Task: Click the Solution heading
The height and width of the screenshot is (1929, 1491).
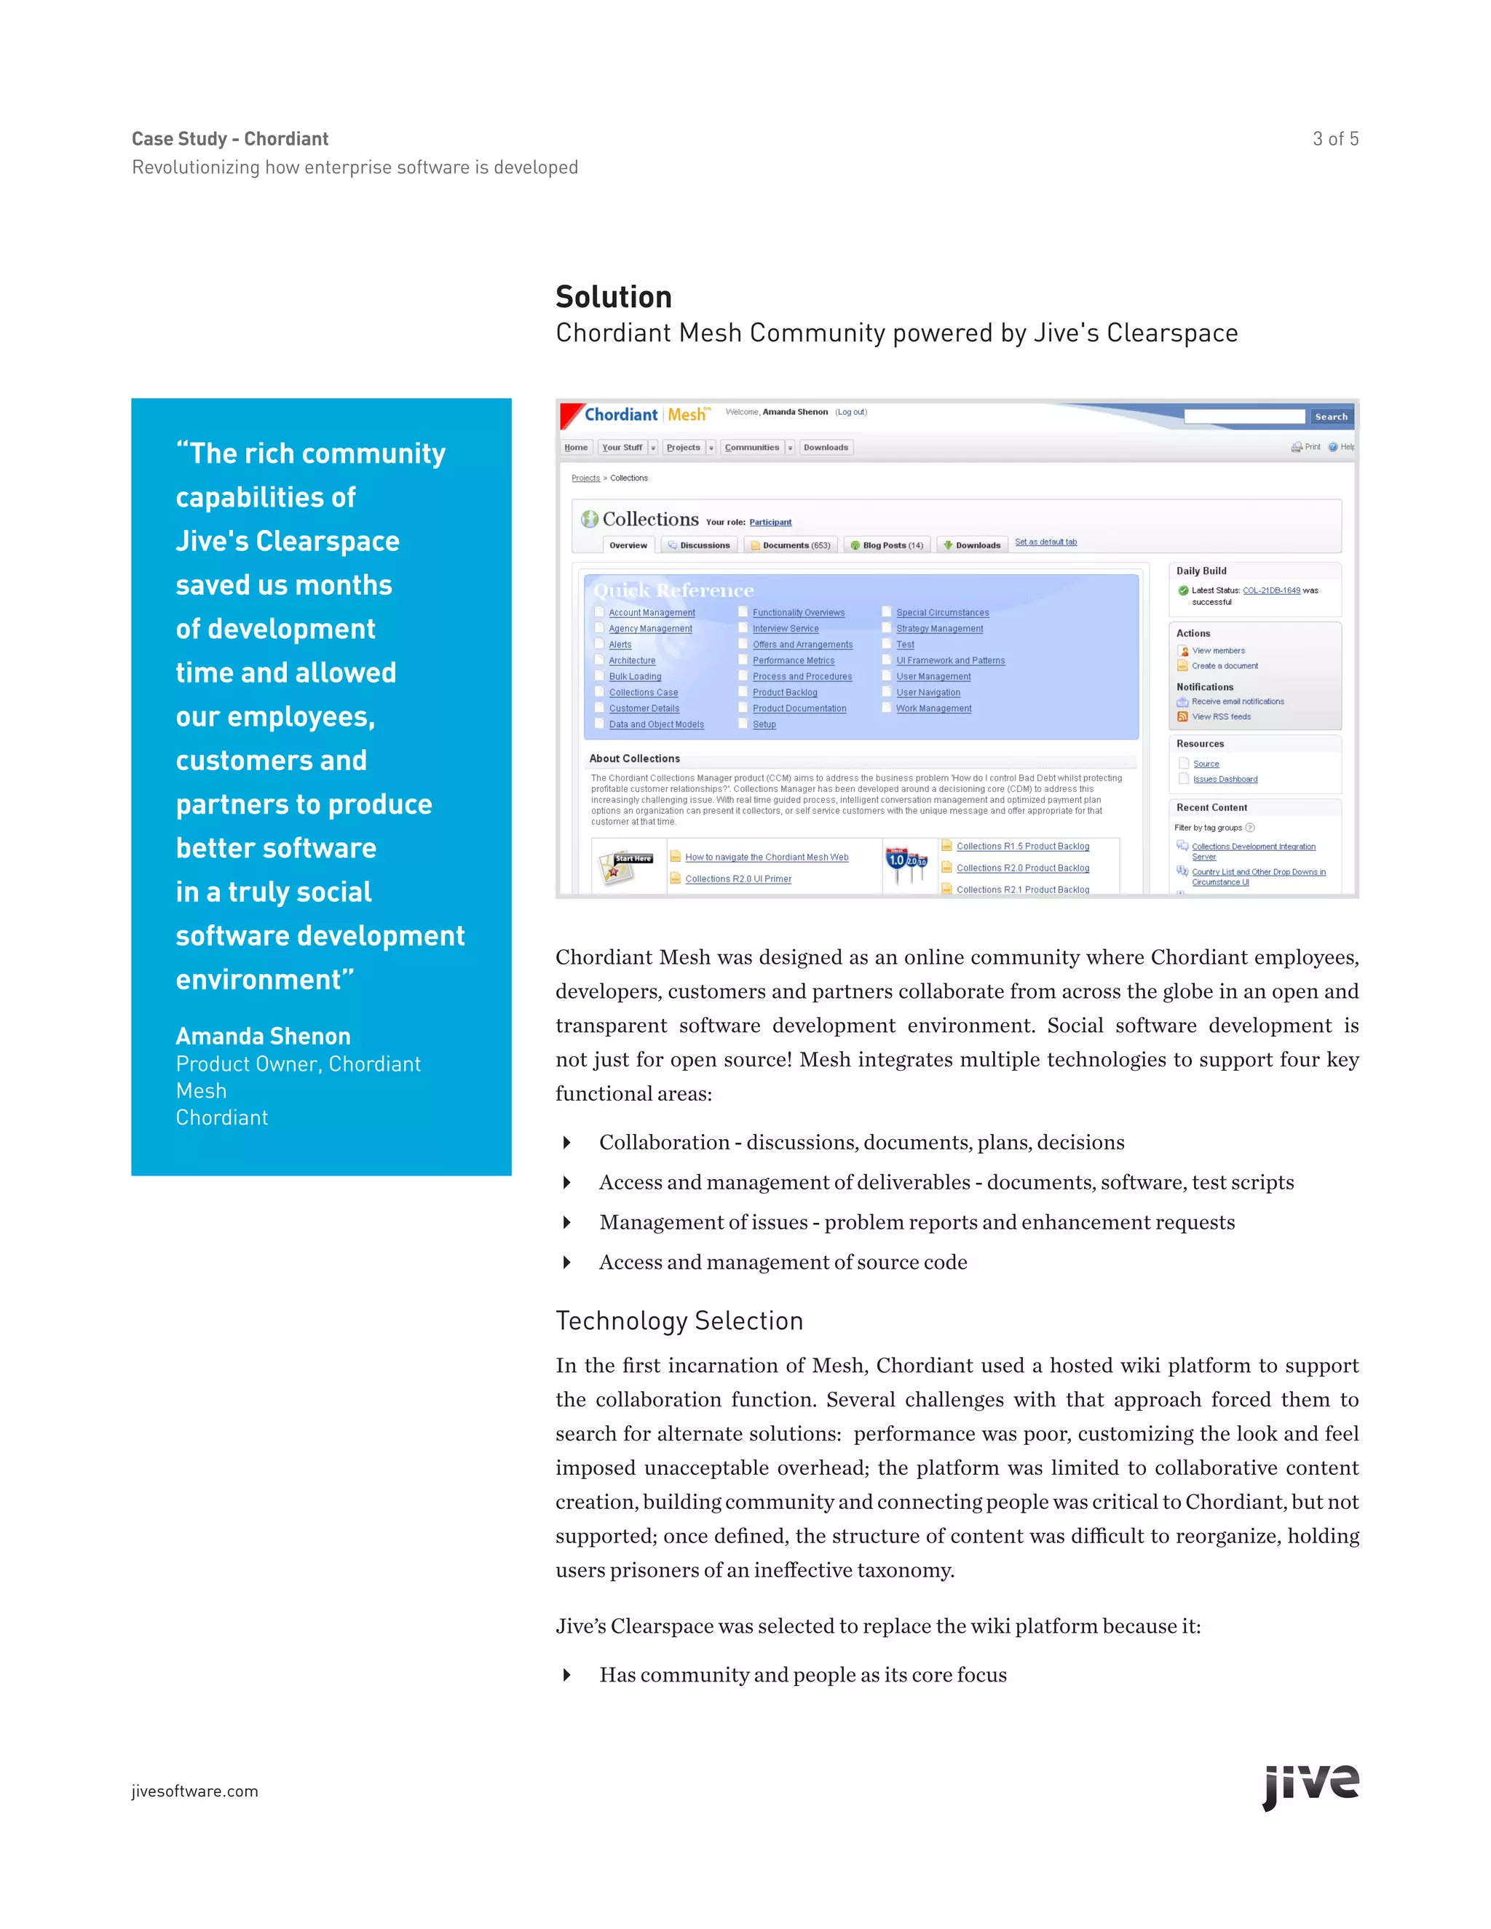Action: (613, 297)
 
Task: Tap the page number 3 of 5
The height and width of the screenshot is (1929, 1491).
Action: (1334, 138)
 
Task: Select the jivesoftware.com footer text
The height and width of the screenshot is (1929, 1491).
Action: (194, 1791)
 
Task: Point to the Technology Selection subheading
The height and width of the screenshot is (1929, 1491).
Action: (679, 1320)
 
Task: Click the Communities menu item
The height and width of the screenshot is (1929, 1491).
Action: (751, 448)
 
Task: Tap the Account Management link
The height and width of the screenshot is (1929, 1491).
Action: (651, 613)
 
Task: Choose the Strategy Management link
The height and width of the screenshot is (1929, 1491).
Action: (939, 629)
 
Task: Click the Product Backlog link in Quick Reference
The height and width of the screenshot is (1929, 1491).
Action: (784, 692)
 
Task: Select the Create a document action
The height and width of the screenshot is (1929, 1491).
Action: (1225, 666)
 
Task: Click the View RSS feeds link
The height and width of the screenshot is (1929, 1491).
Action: (1221, 716)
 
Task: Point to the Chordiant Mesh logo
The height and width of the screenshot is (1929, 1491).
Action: (645, 415)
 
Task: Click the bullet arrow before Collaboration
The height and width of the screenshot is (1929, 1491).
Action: (567, 1143)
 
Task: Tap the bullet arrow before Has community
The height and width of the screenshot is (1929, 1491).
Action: (567, 1676)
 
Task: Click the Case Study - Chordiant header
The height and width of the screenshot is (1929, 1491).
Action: (229, 138)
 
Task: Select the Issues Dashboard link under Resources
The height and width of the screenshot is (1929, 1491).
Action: (1225, 779)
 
